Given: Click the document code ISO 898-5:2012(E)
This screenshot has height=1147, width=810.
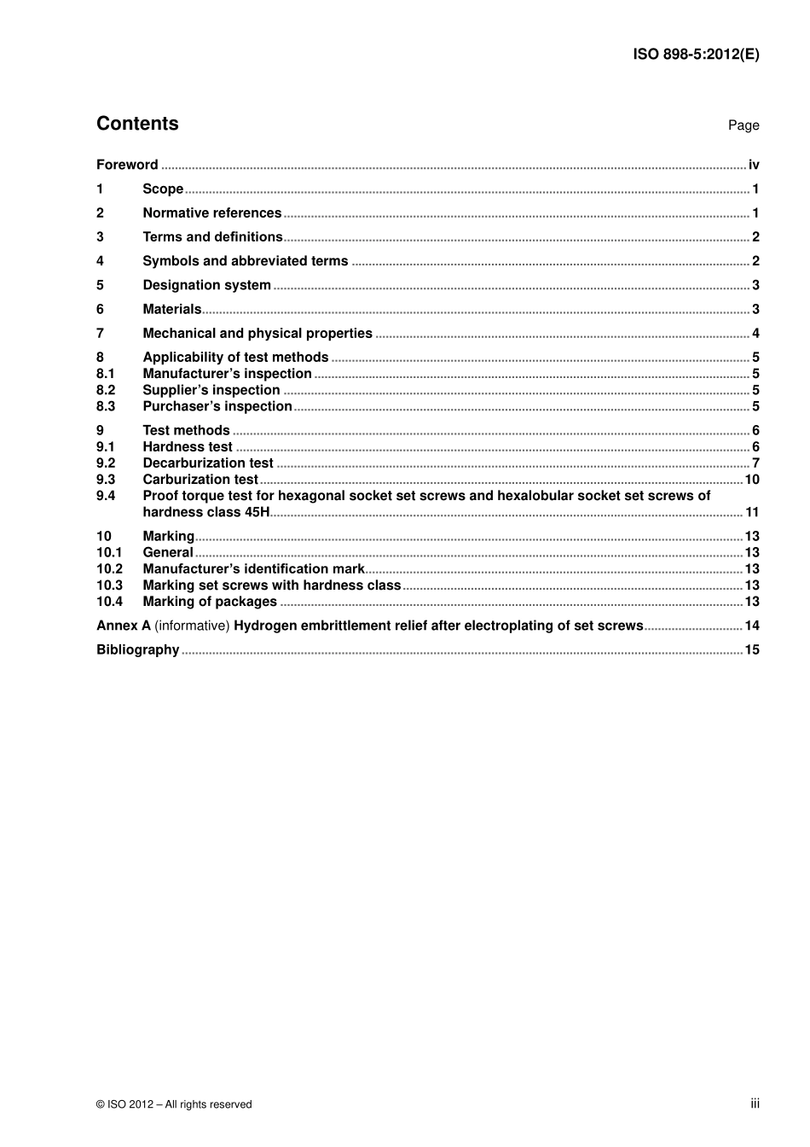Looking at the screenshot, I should click(x=696, y=55).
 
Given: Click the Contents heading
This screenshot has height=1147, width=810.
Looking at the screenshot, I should click(x=137, y=124).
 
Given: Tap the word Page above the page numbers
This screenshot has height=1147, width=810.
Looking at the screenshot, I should click(x=743, y=125).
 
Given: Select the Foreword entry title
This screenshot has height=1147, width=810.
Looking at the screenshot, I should click(x=127, y=165).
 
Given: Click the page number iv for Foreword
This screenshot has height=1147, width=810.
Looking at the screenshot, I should click(x=754, y=165).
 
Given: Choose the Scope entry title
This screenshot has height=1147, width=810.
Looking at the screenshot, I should click(x=163, y=189).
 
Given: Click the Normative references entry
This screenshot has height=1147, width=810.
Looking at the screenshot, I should click(x=211, y=213).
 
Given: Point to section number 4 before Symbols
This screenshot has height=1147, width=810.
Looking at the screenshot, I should click(x=100, y=261).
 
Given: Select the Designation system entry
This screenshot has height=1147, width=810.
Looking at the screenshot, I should click(x=206, y=285).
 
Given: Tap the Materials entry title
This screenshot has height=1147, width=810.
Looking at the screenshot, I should click(x=171, y=309).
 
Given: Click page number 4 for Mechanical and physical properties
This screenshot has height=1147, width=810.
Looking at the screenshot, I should click(x=755, y=334).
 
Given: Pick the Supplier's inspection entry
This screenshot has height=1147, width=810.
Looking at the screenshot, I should click(x=211, y=390).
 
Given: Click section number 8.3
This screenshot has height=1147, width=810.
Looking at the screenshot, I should click(x=106, y=406).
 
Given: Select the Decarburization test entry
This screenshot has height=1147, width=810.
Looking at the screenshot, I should click(x=208, y=463).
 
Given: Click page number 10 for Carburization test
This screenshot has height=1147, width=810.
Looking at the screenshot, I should click(x=752, y=480).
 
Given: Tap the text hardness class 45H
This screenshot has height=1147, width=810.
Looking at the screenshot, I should click(x=205, y=512).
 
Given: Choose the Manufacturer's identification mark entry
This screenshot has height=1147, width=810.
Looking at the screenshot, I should click(x=253, y=568).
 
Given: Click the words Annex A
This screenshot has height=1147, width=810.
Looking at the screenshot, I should click(x=124, y=626).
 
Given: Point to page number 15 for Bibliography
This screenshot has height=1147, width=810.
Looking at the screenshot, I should click(x=752, y=649).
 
